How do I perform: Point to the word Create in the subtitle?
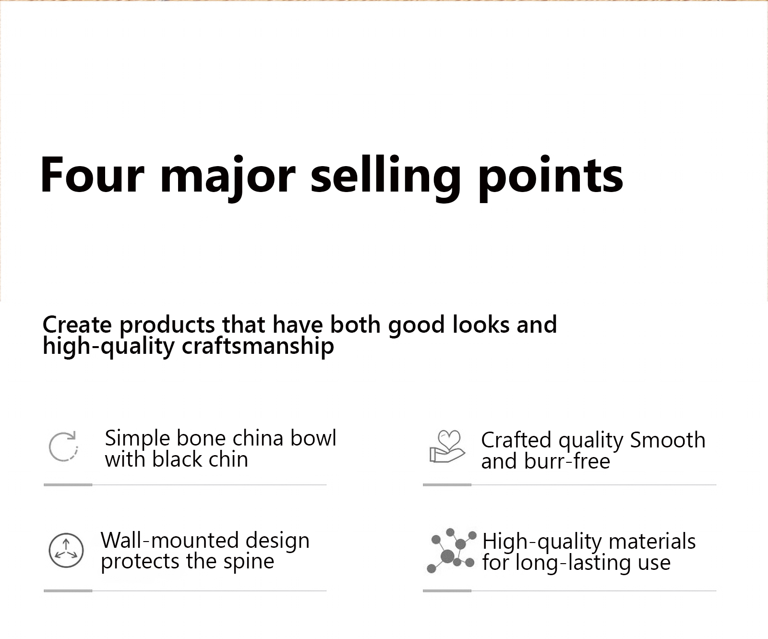(x=77, y=325)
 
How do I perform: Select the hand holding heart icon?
(x=447, y=446)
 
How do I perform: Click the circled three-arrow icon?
(x=66, y=550)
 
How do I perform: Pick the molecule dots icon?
(x=451, y=551)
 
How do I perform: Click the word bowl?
(x=312, y=438)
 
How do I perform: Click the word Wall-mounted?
(x=170, y=541)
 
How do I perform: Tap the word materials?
(x=652, y=542)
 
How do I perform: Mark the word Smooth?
(x=668, y=440)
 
